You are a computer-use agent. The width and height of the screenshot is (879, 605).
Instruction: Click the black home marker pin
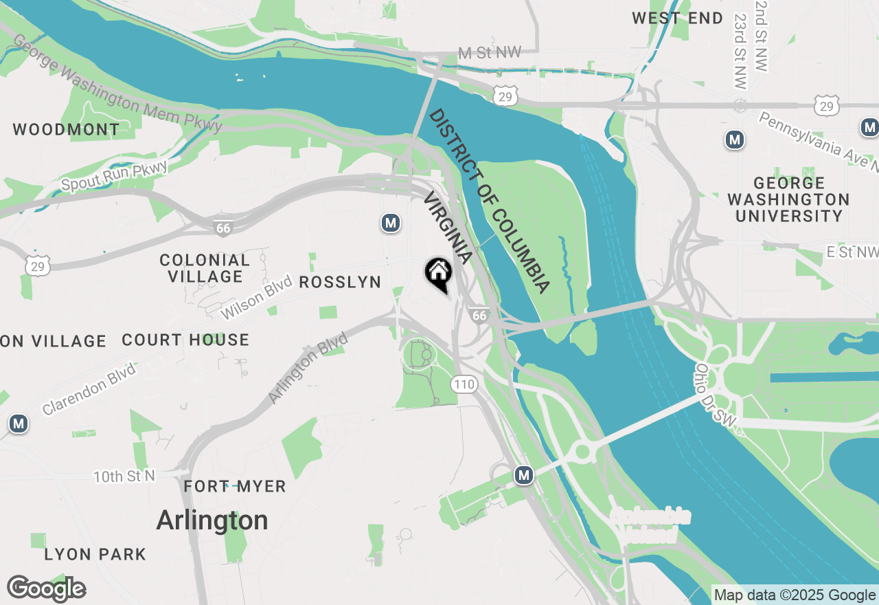438,274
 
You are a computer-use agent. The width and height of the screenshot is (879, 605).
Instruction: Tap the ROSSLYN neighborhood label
340,283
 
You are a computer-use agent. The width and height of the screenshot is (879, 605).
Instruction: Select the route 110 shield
464,384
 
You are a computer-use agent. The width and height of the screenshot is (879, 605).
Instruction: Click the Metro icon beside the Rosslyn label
391,223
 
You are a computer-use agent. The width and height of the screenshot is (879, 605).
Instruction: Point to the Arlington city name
212,520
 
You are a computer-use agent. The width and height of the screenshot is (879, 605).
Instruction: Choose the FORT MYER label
235,487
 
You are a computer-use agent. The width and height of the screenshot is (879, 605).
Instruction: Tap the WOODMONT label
66,129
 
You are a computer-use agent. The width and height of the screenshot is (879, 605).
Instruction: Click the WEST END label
678,19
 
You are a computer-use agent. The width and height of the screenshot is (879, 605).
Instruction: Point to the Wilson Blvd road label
252,300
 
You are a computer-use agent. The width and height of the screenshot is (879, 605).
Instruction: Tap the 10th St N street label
124,476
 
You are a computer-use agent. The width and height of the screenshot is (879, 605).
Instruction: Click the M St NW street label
490,53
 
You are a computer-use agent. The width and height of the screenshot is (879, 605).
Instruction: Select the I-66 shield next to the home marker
479,315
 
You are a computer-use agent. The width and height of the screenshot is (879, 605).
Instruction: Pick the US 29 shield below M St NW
505,97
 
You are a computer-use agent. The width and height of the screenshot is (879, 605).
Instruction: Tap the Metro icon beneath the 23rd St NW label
735,140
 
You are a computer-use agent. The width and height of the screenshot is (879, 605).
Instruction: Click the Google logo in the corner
46,588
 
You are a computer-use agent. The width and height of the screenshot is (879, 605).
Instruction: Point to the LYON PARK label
95,554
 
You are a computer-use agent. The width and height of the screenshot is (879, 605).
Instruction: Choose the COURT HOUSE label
185,340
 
